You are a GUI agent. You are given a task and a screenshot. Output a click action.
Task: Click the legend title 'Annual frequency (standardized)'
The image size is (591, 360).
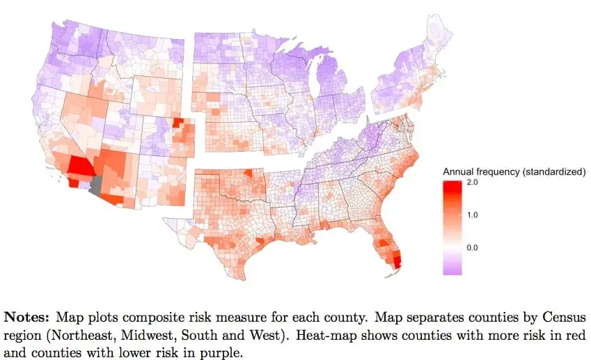[514, 171]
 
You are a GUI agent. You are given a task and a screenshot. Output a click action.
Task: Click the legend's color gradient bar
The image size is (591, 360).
[451, 226]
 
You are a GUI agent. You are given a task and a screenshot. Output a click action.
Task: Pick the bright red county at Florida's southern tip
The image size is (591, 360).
[398, 263]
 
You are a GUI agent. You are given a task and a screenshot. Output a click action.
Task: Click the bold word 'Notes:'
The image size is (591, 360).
[28, 316]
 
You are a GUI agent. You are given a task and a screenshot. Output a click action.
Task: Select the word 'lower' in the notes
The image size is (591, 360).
[134, 347]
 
